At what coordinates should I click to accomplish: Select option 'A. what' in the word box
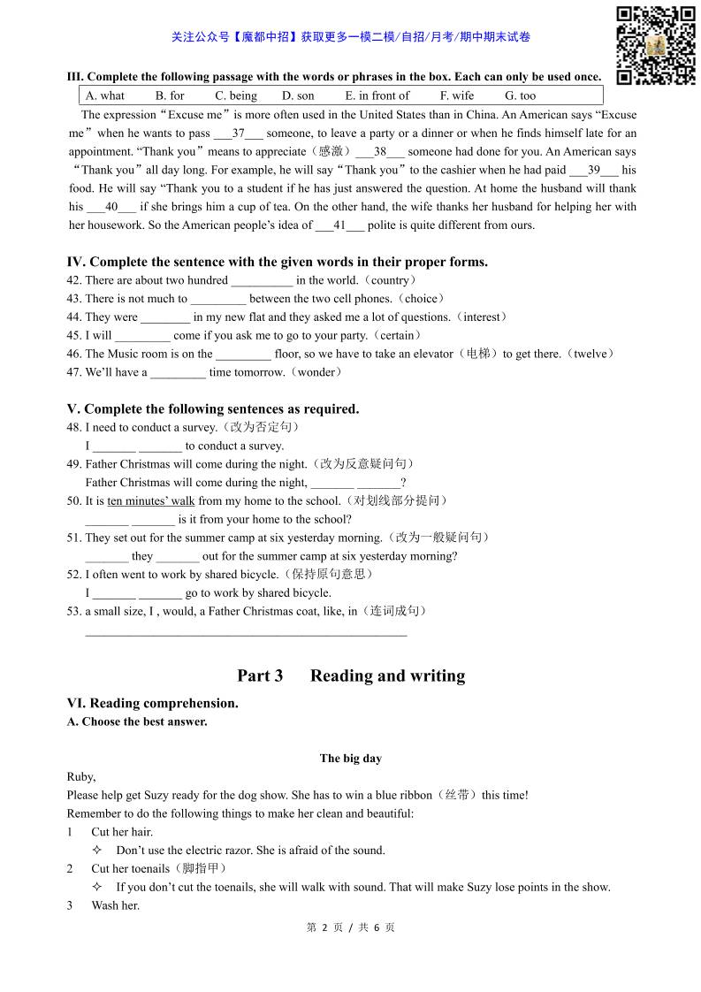[105, 95]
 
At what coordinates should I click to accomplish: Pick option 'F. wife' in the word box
[457, 95]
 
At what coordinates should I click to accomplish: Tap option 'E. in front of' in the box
[377, 95]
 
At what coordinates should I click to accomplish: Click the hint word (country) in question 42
[391, 280]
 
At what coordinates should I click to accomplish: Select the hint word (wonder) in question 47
[316, 372]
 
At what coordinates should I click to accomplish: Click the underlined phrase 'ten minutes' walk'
[151, 501]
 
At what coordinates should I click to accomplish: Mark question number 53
[74, 612]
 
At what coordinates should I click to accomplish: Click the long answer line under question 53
[246, 634]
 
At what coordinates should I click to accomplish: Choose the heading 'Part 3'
[260, 676]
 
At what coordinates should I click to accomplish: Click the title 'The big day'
[350, 759]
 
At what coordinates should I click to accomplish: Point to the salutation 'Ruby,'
[81, 777]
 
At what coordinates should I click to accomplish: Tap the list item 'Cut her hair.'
[122, 832]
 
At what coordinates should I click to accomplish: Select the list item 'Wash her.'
[116, 905]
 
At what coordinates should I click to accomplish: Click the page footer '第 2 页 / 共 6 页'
[350, 927]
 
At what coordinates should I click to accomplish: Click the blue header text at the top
[350, 37]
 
